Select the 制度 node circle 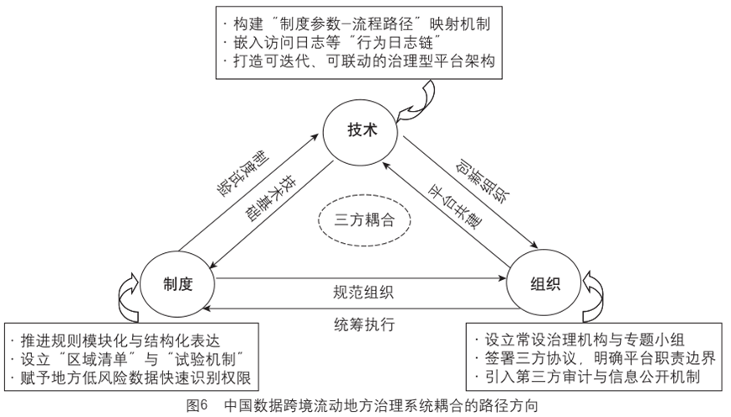point(179,284)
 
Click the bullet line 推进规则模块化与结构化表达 point(124,341)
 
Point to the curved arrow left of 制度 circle point(132,294)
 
